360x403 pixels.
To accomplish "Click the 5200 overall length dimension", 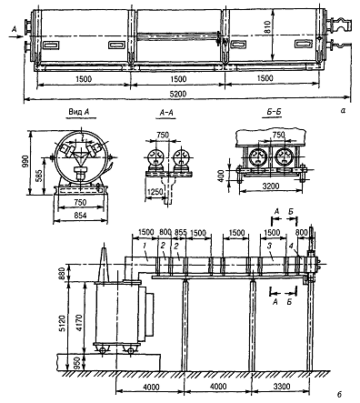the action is (178, 94).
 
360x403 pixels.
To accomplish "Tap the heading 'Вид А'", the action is (78, 112).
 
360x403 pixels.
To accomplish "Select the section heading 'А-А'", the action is (166, 113).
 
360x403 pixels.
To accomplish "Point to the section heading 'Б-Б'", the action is (275, 112).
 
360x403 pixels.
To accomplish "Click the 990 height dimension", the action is (25, 162).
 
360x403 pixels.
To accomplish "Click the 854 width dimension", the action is (80, 216).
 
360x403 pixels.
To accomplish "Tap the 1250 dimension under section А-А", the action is (155, 192).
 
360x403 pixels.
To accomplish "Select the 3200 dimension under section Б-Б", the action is (271, 186).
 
